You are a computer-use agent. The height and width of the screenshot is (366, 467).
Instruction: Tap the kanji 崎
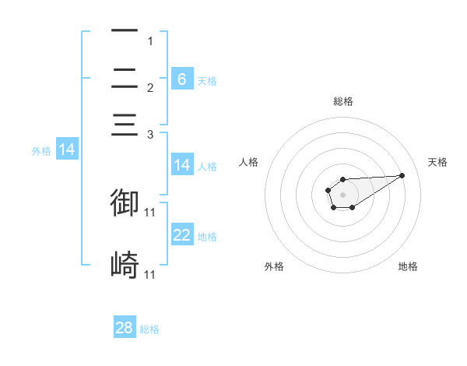tap(125, 265)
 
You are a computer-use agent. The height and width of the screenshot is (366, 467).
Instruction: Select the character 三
tap(125, 125)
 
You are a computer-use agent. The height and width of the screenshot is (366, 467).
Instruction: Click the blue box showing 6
tap(182, 79)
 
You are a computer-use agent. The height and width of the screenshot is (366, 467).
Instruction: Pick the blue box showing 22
tap(182, 235)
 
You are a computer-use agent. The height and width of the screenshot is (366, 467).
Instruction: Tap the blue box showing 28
tap(125, 328)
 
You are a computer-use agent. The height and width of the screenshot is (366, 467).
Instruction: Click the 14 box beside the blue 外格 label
tap(67, 150)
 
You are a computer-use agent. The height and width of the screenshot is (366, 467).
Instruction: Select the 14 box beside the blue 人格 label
tap(182, 165)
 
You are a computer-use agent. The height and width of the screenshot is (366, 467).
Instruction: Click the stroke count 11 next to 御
tap(150, 212)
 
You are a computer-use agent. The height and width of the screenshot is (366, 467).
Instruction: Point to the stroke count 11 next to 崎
tap(150, 275)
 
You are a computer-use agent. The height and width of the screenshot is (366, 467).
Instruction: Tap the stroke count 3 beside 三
tap(150, 135)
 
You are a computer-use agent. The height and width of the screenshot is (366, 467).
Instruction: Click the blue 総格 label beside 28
tap(149, 329)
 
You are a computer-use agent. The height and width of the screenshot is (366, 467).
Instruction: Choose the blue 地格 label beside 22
tap(207, 237)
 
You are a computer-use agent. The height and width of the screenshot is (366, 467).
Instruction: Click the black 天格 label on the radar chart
tap(437, 162)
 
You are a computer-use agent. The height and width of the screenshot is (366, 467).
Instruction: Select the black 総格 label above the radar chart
tap(342, 101)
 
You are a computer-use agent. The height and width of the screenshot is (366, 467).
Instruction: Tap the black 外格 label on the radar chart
tap(274, 266)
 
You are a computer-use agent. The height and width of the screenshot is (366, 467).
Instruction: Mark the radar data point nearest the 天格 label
tap(402, 174)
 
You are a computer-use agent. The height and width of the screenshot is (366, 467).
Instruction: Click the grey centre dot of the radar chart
tap(342, 194)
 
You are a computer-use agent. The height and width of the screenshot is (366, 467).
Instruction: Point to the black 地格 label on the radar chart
tap(408, 266)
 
